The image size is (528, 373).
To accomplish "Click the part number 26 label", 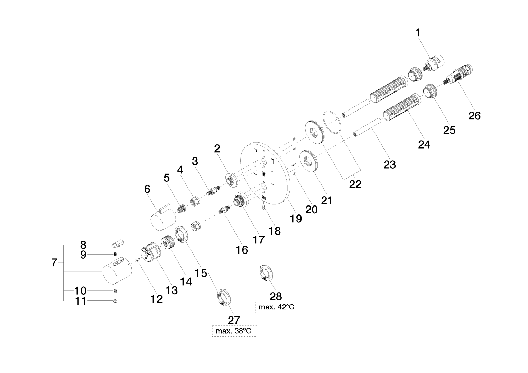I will point(474,115).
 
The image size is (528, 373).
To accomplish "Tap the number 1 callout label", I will point(418,33).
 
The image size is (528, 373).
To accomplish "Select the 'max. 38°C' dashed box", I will point(234,332).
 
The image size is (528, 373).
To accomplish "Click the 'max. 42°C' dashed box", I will point(277,307).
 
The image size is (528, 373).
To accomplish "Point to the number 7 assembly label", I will point(54,263).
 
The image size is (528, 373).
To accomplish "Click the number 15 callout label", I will point(201,273).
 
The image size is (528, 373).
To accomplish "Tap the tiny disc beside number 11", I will point(115,301).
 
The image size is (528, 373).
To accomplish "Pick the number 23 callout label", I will point(390,164).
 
